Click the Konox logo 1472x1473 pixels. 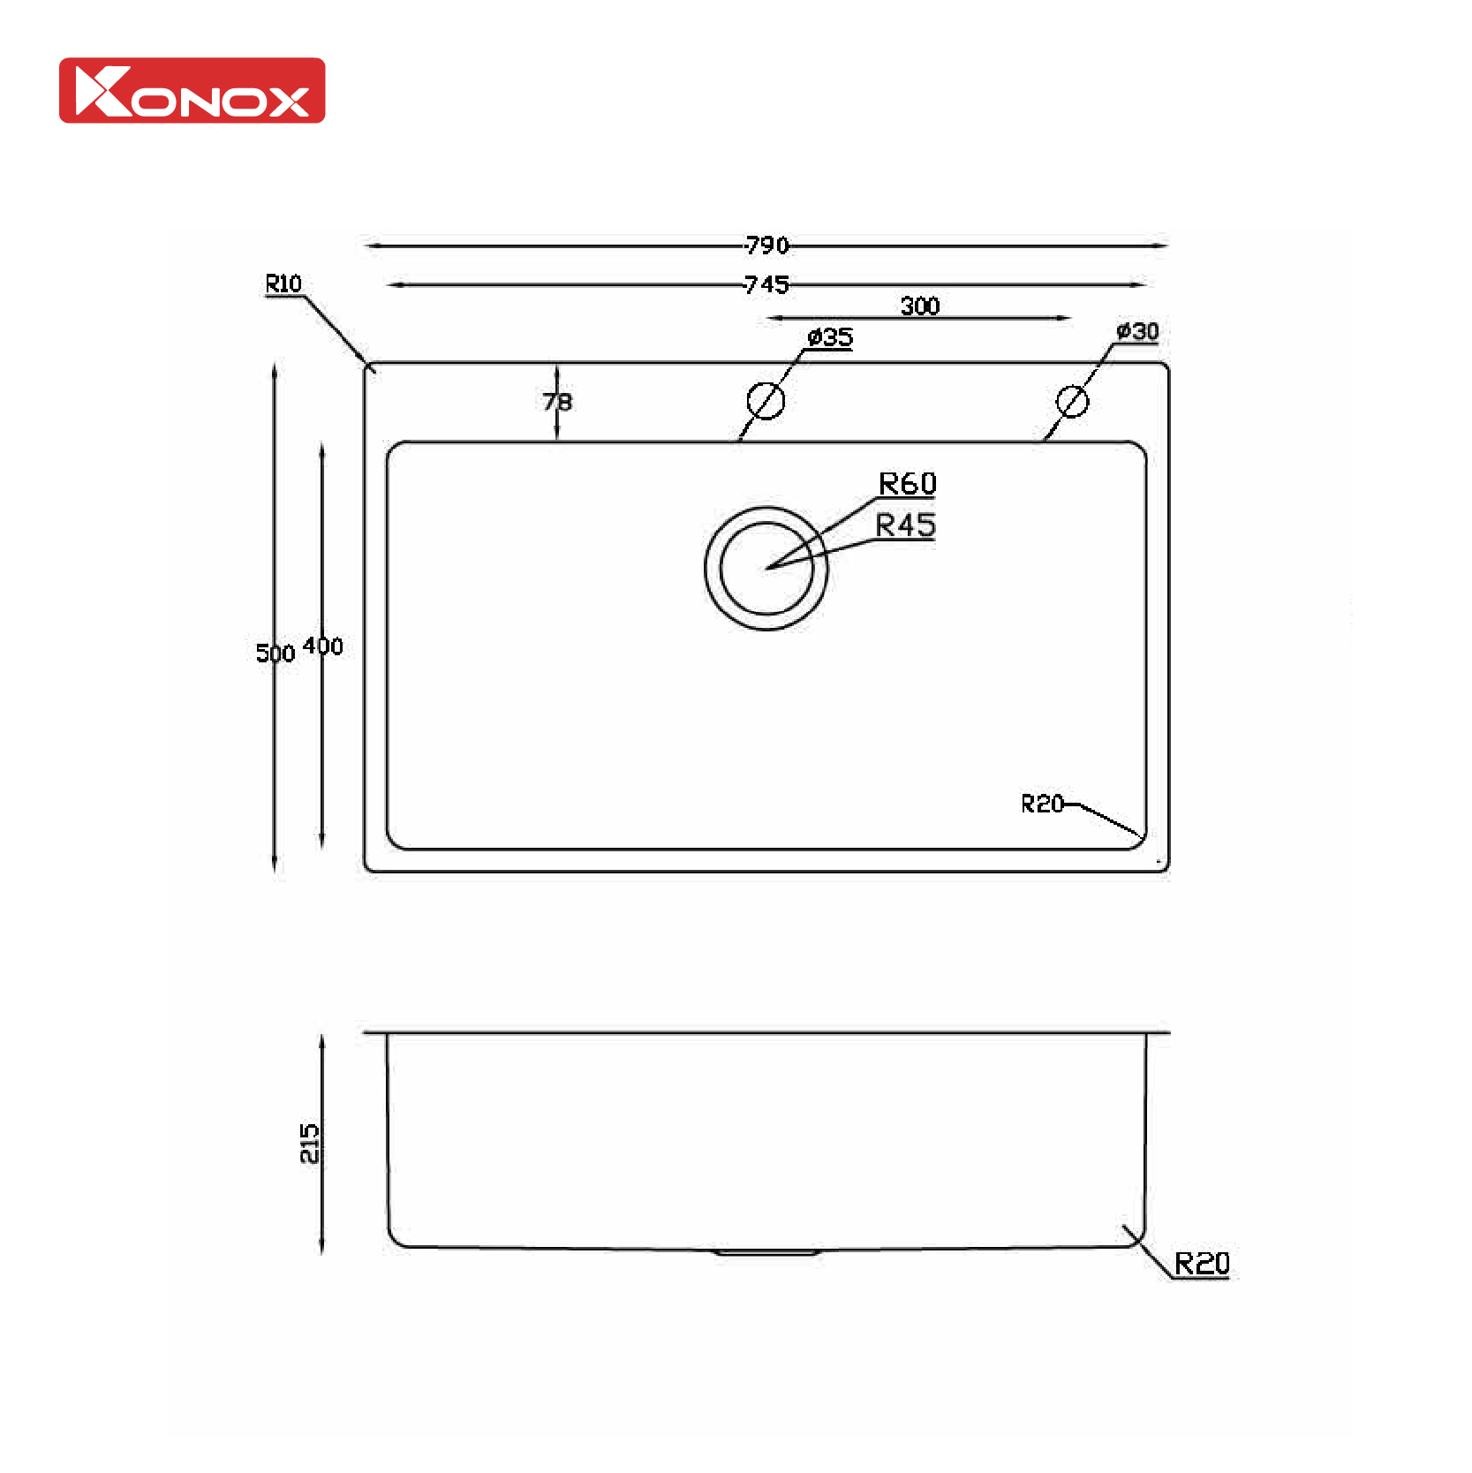(x=192, y=91)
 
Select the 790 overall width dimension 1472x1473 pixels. (x=766, y=245)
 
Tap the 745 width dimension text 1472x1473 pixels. (x=766, y=284)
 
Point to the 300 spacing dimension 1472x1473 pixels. (x=919, y=306)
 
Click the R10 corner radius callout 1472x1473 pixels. (x=283, y=284)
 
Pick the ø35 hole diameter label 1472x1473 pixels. (x=831, y=337)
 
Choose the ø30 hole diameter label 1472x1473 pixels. (x=1137, y=331)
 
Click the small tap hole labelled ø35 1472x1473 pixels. (x=766, y=401)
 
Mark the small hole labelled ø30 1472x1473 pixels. (x=1072, y=402)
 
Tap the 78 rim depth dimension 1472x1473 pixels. (x=557, y=402)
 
